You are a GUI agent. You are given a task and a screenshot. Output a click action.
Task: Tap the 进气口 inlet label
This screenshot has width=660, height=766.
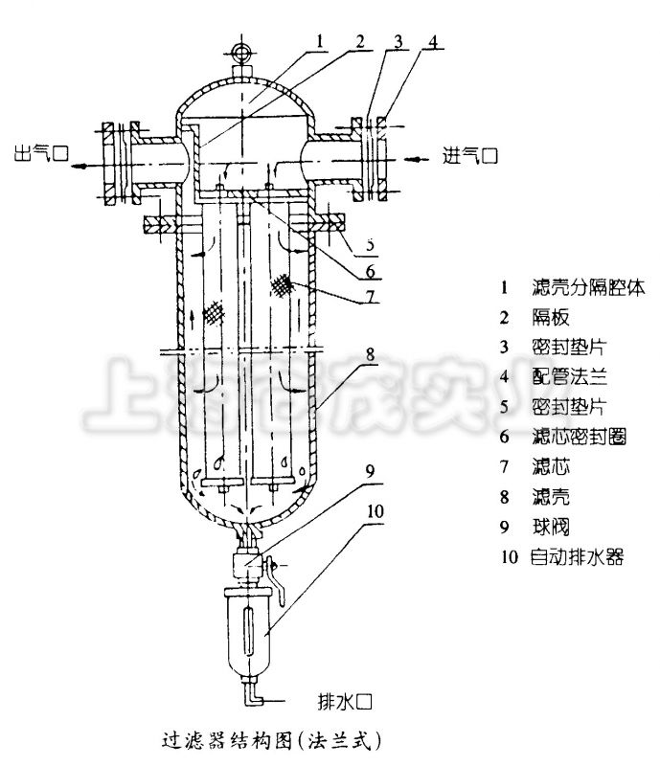pos(470,154)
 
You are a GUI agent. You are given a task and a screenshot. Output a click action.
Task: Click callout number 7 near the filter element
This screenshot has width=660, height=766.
pos(370,296)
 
